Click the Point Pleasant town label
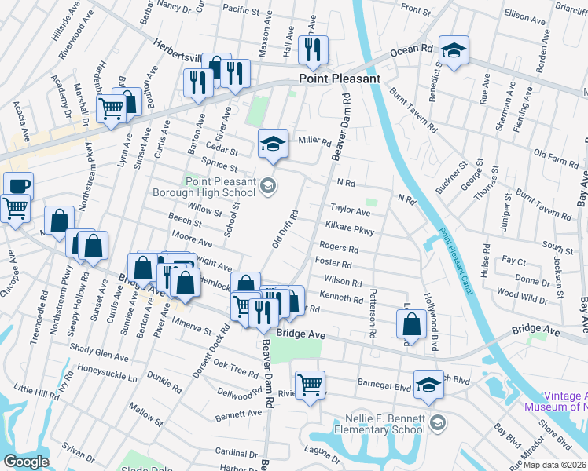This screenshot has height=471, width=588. [x=339, y=78]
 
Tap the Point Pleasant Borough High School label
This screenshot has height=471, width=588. [x=221, y=188]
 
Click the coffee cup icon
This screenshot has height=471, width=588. [x=18, y=187]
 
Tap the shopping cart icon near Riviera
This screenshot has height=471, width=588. [x=311, y=384]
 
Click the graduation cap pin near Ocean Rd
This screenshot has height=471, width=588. [x=454, y=50]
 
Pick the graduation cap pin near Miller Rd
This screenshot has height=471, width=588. [x=272, y=143]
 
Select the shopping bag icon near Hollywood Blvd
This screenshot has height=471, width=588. [x=412, y=323]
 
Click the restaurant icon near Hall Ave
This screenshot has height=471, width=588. [x=314, y=49]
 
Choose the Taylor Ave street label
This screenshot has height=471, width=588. [x=350, y=210]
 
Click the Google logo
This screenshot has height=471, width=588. [x=26, y=462]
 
